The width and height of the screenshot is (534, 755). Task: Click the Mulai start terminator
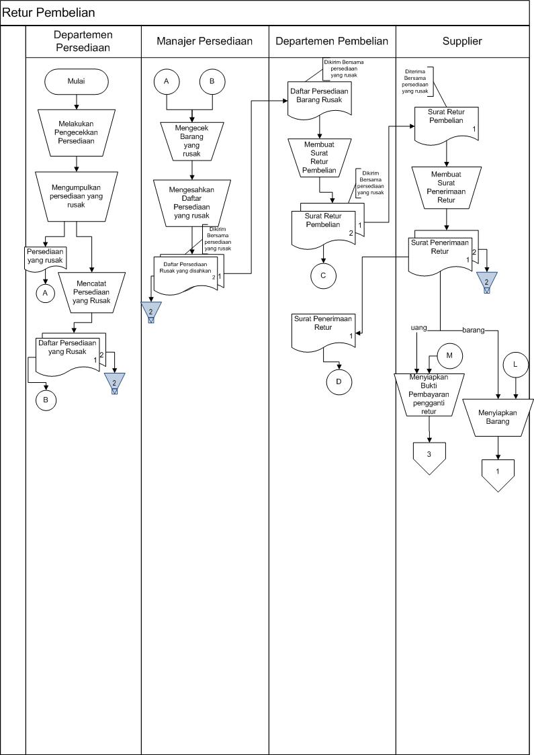[x=77, y=82]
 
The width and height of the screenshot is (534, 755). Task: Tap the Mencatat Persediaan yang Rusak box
[x=91, y=291]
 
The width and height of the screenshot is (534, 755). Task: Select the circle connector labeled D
[x=339, y=382]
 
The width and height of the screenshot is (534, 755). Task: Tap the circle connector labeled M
[x=450, y=355]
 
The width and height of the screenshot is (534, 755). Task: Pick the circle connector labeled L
[x=515, y=364]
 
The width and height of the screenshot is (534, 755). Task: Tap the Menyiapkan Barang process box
[x=498, y=417]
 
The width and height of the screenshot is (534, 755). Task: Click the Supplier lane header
[x=462, y=41]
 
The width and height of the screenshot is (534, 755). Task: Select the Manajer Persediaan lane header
[x=204, y=41]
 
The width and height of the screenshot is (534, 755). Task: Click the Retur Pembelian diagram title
[x=48, y=12]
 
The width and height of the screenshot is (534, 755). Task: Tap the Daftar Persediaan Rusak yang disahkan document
[x=185, y=272]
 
